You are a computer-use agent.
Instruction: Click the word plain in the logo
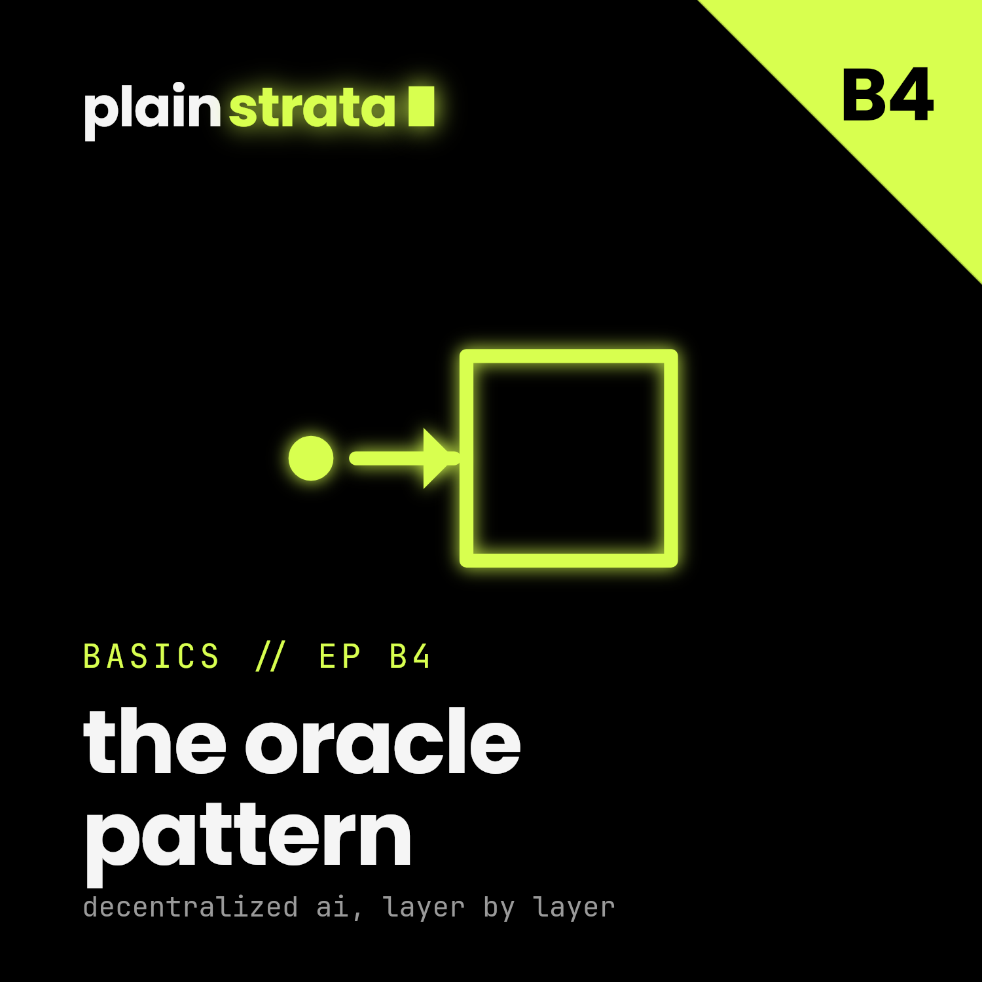153,109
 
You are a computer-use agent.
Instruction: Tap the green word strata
312,107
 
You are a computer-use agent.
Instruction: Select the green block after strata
421,105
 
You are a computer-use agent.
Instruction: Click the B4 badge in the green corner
887,96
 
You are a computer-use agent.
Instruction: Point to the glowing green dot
311,458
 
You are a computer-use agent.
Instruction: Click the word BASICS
151,657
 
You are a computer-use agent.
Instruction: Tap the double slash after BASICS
270,657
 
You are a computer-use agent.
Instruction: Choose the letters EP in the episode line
340,657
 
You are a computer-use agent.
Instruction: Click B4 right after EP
410,657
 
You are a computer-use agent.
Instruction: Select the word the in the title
155,741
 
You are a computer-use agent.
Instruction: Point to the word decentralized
191,907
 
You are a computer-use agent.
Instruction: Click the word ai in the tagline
333,907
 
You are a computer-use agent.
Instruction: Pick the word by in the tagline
499,909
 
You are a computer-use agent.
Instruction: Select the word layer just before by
424,909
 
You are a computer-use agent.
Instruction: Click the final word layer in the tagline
574,909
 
